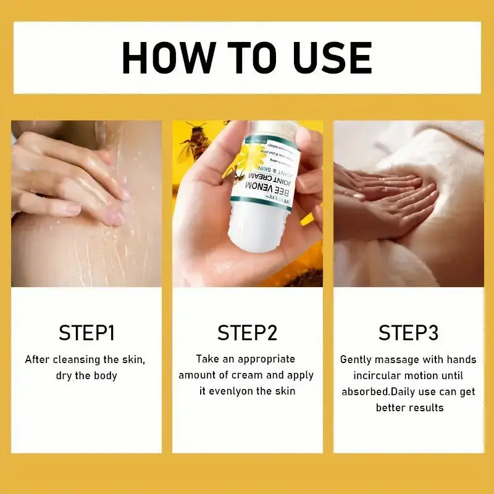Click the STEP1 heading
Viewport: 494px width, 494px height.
tap(86, 333)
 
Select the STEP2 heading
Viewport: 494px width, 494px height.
tap(247, 333)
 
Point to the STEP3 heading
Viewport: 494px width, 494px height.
tap(408, 333)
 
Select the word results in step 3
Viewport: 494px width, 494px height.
tap(424, 408)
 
